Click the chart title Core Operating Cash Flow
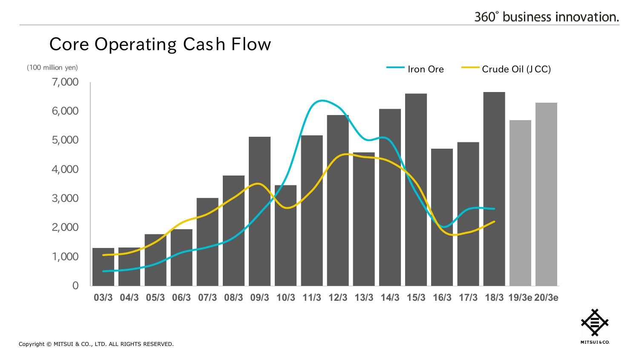pyautogui.click(x=160, y=44)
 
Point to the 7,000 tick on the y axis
pyautogui.click(x=65, y=82)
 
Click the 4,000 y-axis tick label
pyautogui.click(x=65, y=169)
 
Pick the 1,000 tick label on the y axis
pyautogui.click(x=65, y=256)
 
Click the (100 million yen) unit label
pyautogui.click(x=52, y=67)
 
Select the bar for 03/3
pyautogui.click(x=103, y=267)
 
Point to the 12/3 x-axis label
pyautogui.click(x=338, y=298)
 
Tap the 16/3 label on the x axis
pyautogui.click(x=442, y=298)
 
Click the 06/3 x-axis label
pyautogui.click(x=181, y=298)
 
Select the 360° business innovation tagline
pyautogui.click(x=547, y=17)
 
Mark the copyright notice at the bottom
pyautogui.click(x=96, y=344)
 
